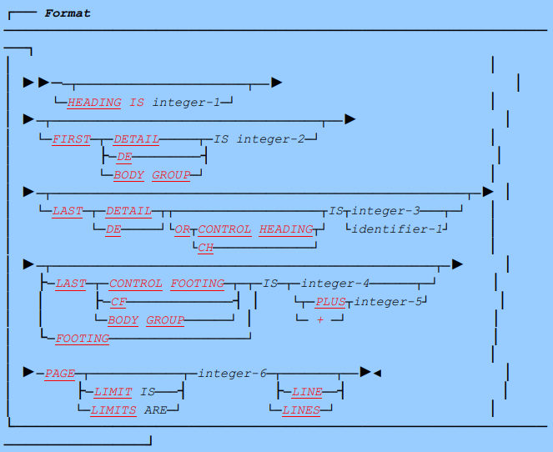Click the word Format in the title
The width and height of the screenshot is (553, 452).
68,13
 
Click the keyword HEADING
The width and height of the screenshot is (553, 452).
94,103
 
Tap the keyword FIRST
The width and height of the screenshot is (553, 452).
71,139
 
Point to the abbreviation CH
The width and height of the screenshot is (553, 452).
205,247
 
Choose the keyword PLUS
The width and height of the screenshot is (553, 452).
330,301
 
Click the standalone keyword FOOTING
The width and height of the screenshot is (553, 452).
83,338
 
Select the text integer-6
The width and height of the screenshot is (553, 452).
232,373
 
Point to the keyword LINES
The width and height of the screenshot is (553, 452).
301,409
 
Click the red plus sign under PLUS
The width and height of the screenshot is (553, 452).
319,319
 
